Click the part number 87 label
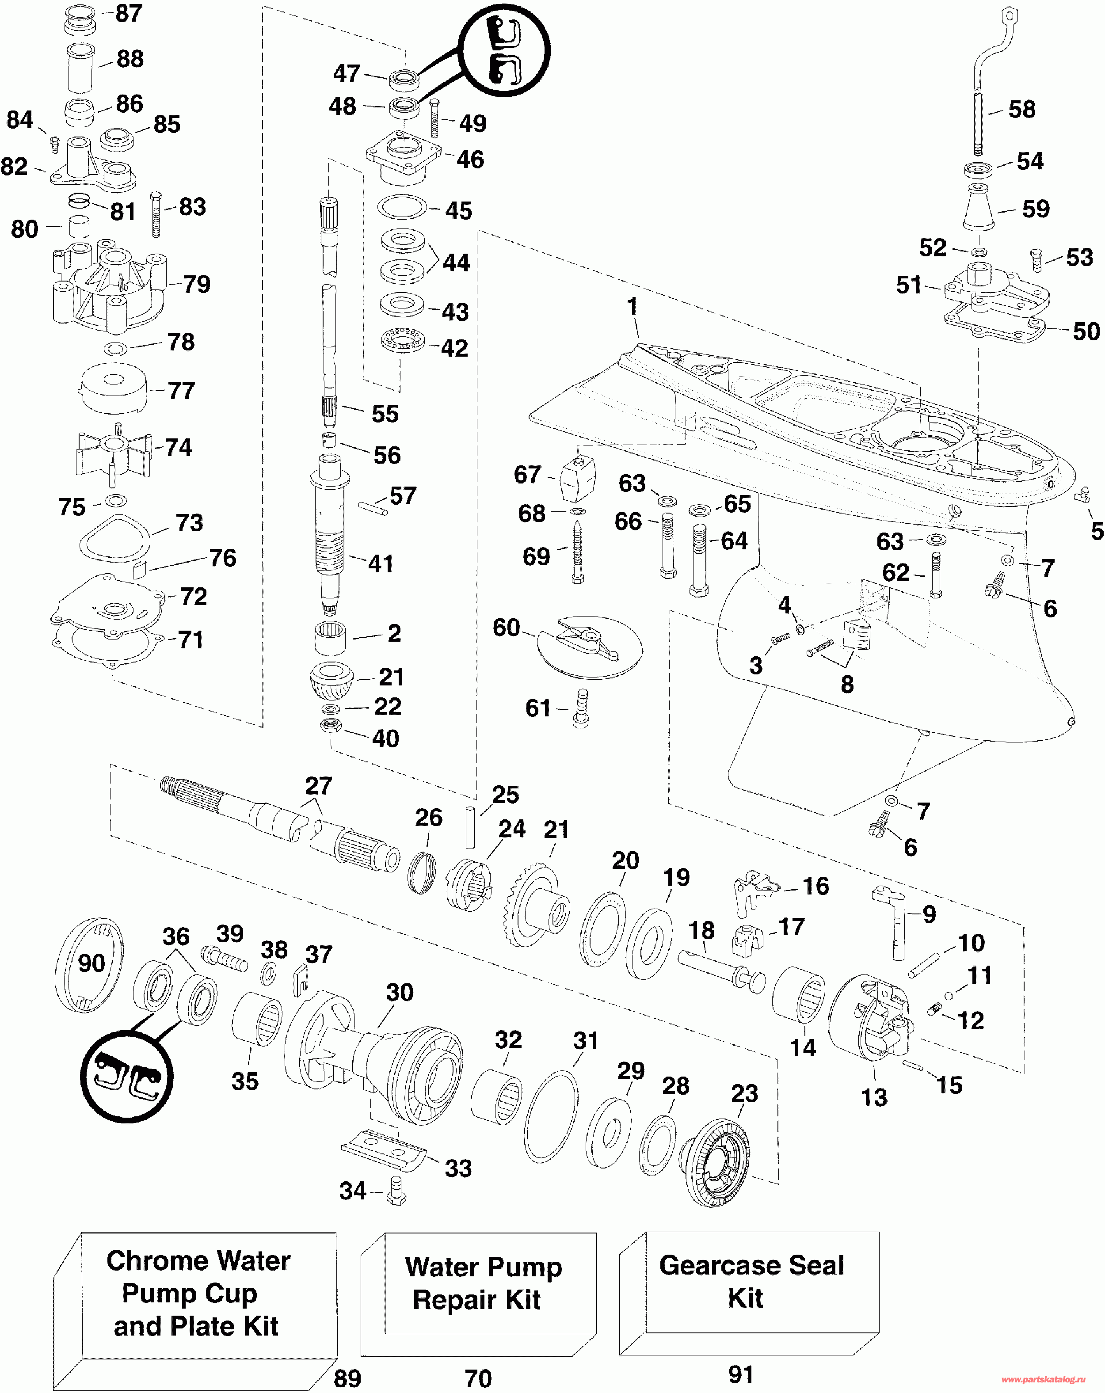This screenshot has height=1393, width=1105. pos(129,14)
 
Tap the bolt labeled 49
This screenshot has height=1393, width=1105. pos(434,119)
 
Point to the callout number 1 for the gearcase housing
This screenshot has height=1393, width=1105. pos(632,306)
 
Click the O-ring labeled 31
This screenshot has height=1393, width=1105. pos(551,1116)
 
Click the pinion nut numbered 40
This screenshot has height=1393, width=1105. pos(331,725)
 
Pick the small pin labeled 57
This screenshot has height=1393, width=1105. pos(373,509)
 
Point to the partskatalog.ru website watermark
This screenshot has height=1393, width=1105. pos(1043,1379)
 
